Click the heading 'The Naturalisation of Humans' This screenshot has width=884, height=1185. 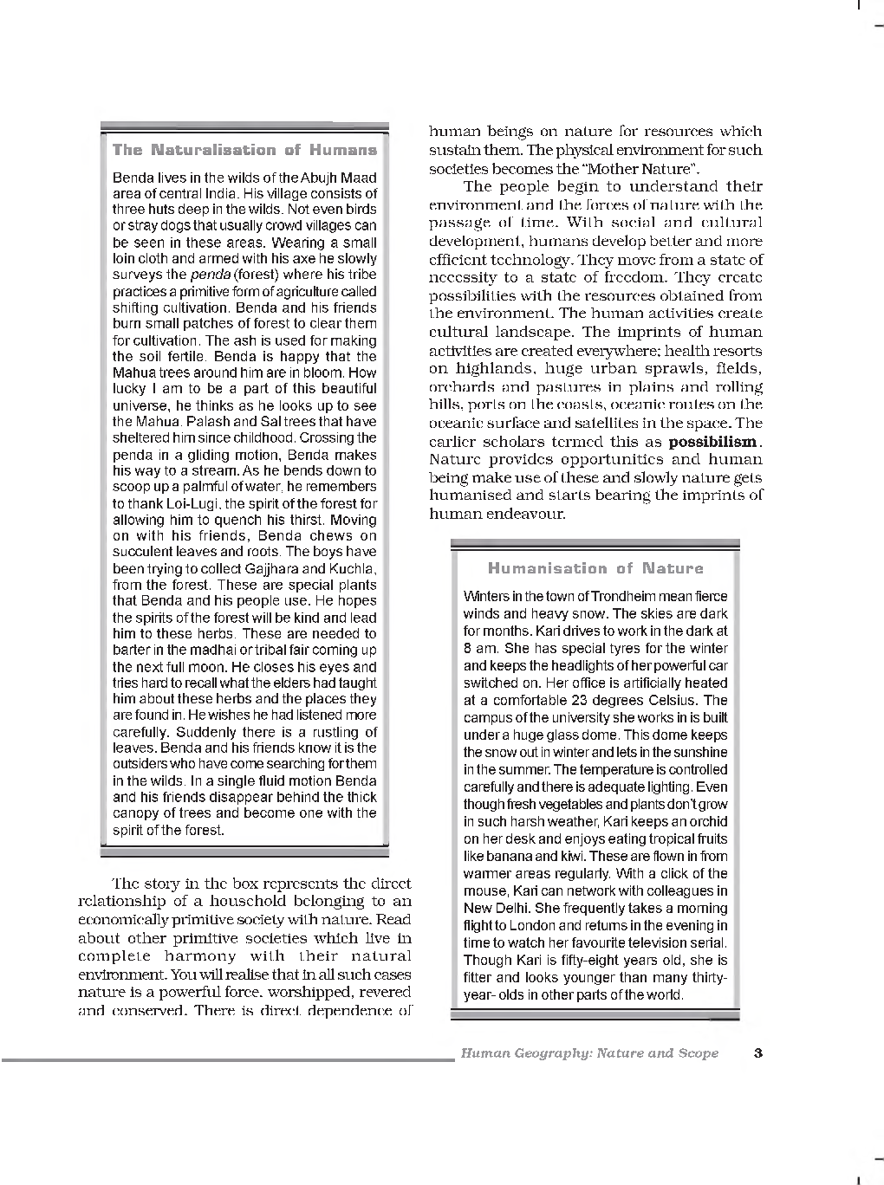click(244, 150)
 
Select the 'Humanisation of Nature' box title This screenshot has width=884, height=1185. click(595, 568)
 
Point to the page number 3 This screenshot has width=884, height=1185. click(758, 1053)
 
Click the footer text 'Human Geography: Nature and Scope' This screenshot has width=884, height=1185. click(589, 1053)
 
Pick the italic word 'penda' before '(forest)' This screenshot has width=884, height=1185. click(210, 275)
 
